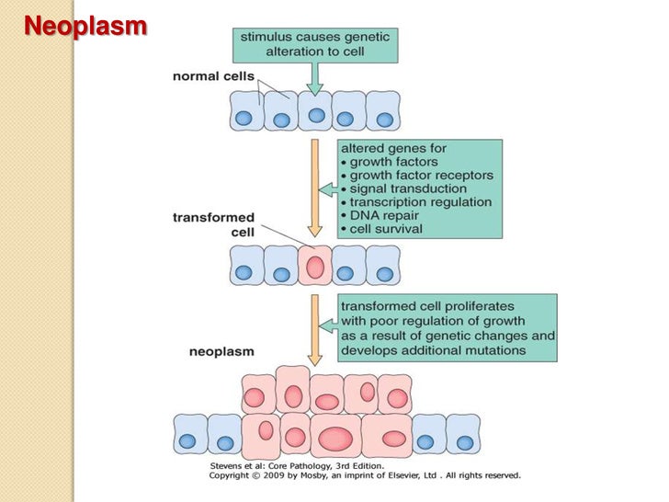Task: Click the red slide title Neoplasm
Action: [x=85, y=26]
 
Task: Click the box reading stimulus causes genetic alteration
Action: [x=314, y=43]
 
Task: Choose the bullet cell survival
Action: [x=385, y=228]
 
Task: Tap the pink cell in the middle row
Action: [x=314, y=268]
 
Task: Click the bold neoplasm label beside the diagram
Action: [x=221, y=351]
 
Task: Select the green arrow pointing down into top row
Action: [x=315, y=81]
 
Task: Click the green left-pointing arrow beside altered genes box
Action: [x=326, y=189]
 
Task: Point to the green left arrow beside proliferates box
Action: [x=326, y=325]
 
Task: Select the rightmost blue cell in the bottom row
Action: [x=462, y=434]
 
